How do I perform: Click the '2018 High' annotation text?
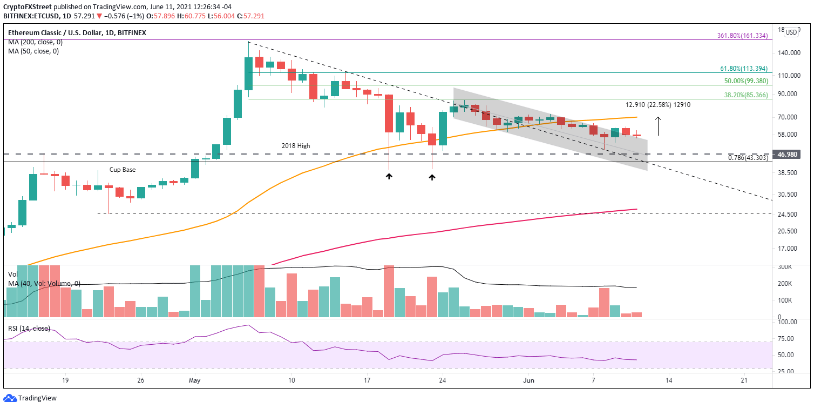coord(296,146)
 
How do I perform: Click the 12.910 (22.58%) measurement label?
coord(657,105)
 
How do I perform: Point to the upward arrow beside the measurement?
coord(657,126)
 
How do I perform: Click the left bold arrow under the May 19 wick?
coord(389,176)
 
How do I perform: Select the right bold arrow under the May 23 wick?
coord(432,176)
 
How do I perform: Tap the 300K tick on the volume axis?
coord(785,267)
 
